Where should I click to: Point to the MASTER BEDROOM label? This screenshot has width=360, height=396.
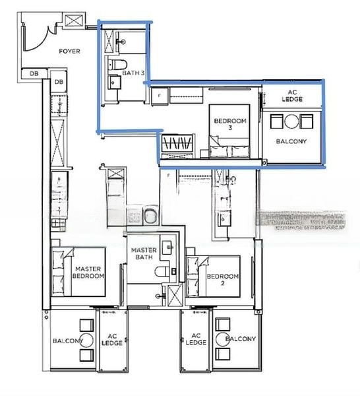[89, 273]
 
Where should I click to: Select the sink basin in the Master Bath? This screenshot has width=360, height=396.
[170, 247]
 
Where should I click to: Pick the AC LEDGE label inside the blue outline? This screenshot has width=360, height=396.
[291, 96]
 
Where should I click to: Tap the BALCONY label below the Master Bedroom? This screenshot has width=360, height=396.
[67, 341]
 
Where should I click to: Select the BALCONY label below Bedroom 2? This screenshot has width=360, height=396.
[240, 339]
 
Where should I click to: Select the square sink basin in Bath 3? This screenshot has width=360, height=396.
[112, 84]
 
